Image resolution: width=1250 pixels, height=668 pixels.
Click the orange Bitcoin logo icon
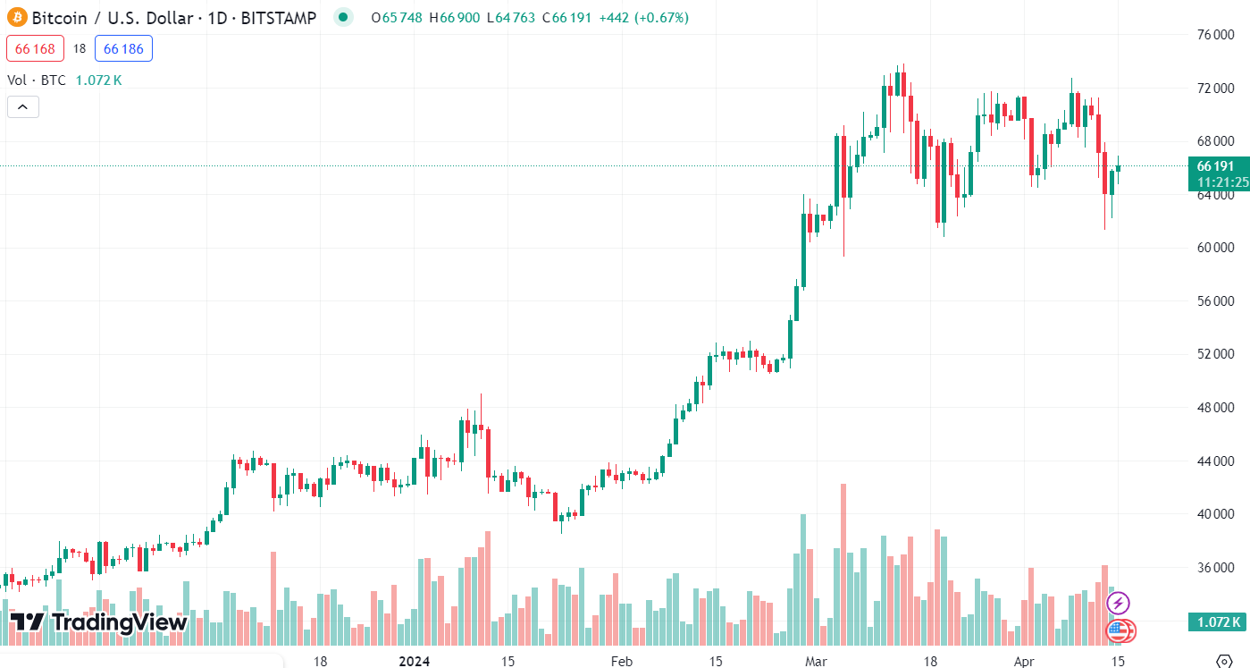point(17,18)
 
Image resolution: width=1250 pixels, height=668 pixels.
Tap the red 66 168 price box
point(35,49)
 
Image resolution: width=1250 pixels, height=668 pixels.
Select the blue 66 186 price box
point(123,49)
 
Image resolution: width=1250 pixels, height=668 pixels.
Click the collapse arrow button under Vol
point(22,107)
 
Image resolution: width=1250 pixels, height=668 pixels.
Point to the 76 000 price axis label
point(1215,35)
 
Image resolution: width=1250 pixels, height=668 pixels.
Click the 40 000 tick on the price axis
point(1215,514)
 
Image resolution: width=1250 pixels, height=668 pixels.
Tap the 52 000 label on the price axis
point(1215,354)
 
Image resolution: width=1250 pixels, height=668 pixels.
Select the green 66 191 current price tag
point(1217,166)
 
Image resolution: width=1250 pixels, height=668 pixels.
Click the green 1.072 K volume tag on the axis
point(1217,622)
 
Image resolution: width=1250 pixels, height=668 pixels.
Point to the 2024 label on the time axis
point(414,662)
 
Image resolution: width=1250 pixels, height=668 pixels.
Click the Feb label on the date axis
point(621,662)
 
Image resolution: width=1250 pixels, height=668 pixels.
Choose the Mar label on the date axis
point(816,662)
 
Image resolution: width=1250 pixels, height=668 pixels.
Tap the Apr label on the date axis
point(1025,662)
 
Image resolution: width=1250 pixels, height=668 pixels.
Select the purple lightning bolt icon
point(1118,603)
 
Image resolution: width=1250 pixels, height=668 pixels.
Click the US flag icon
point(1119,630)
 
